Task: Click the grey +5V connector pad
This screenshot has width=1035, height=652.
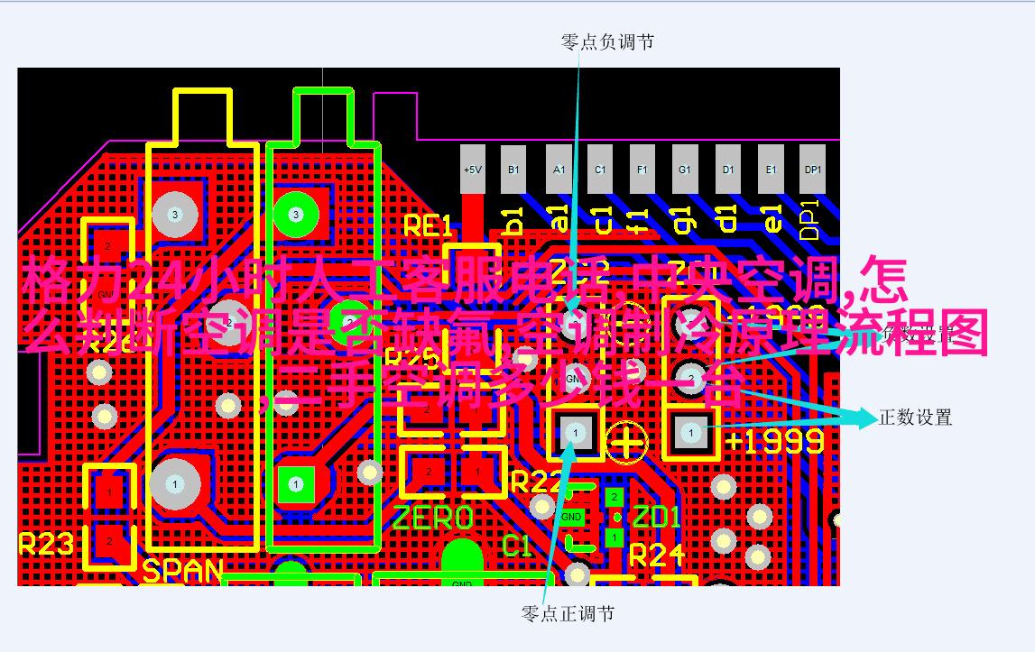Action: pos(473,170)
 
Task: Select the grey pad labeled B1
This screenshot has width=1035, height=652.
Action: pos(513,170)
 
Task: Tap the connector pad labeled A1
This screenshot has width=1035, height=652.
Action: pos(559,170)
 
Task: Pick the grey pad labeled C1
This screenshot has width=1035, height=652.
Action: pos(600,170)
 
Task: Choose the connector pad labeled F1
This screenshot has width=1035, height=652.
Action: pos(642,170)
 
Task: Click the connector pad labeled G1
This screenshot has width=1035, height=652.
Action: pos(685,170)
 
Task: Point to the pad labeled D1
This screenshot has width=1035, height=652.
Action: pos(728,170)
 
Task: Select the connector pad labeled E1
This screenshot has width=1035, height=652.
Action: pos(771,170)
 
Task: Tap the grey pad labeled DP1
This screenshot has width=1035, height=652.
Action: pos(813,170)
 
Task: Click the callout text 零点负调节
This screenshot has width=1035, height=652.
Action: pos(607,42)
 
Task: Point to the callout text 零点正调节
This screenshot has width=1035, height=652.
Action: pos(568,614)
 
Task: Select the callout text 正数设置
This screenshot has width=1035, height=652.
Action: pos(915,418)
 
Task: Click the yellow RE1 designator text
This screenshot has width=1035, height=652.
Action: pos(427,225)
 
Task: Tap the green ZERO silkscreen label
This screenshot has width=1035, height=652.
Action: pos(433,519)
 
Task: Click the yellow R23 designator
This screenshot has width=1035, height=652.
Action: pos(45,544)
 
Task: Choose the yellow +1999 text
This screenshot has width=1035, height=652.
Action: pos(774,441)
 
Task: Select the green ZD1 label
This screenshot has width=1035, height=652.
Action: pos(656,518)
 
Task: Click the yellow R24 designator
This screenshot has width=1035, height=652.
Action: pos(657,555)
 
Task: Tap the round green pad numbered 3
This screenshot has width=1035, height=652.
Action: pos(295,215)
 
